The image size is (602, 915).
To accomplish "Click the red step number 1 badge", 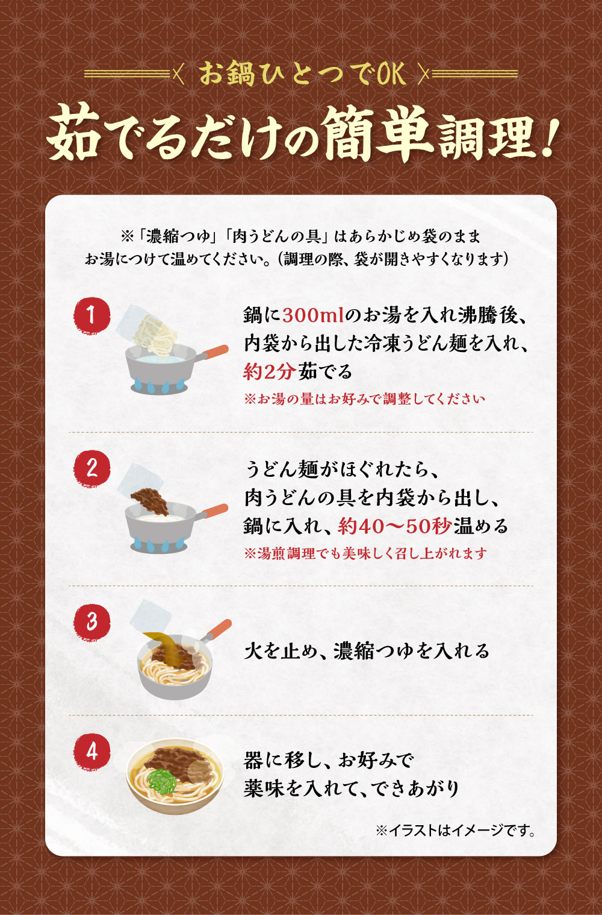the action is tap(92, 315).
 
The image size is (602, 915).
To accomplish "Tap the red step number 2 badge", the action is tap(92, 468).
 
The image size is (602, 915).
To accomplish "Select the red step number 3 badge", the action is tap(92, 622).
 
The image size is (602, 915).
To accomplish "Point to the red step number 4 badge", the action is tap(92, 752).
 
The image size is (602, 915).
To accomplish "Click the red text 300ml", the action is tap(313, 315).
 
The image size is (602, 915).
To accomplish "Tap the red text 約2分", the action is tap(270, 372).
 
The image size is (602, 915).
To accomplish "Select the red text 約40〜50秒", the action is tap(394, 526).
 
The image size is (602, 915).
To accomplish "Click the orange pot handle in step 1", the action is tap(214, 351).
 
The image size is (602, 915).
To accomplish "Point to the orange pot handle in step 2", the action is tap(214, 511).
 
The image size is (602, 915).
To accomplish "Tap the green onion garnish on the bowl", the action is tap(162, 780).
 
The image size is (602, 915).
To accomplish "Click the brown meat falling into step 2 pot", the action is tap(150, 500).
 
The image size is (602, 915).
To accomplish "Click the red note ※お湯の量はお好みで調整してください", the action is tap(364, 398).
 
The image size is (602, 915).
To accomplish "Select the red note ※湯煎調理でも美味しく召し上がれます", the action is tap(365, 553).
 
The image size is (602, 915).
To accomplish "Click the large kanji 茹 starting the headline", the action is tap(73, 133).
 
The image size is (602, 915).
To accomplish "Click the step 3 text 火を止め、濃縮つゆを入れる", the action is tap(366, 651).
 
